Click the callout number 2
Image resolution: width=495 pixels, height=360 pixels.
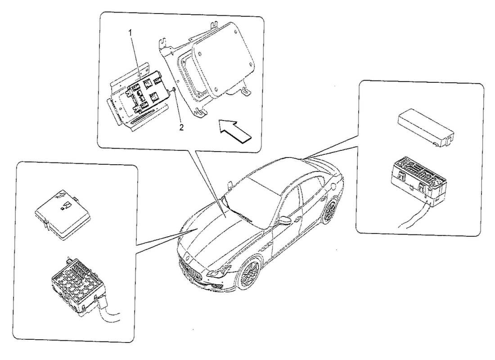[x=181, y=127]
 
